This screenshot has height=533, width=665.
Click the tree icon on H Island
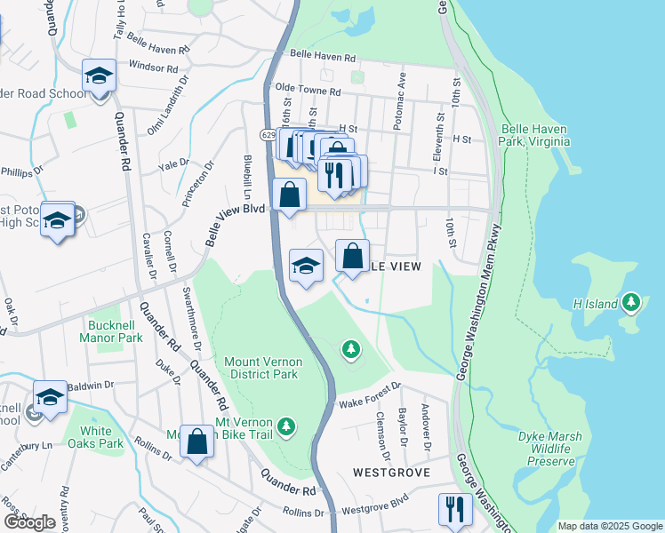(631, 303)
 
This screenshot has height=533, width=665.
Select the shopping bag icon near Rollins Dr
(197, 439)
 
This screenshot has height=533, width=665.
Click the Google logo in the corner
(29, 522)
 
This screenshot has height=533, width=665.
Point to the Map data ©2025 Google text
(609, 526)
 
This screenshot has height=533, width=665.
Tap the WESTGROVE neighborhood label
(392, 472)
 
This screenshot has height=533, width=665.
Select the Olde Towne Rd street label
(308, 91)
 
